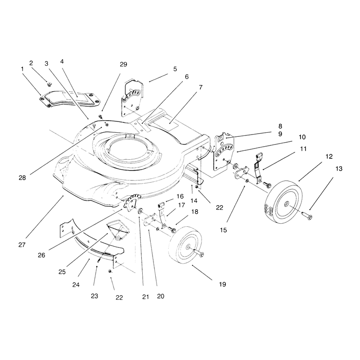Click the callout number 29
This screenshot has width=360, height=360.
123,64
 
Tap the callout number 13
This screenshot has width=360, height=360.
339,169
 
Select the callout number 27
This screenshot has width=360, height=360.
22,245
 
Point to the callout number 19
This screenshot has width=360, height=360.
222,284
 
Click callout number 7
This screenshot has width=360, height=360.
201,87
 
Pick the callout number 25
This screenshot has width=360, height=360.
62,272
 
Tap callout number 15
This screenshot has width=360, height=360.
223,230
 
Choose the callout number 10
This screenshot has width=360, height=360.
302,137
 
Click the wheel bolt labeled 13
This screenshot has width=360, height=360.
306,216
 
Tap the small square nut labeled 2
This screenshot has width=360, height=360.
49,84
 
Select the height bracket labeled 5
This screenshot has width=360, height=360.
132,98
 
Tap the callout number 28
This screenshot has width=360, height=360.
22,178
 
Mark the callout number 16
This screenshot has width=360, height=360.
180,196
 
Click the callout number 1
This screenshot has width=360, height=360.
22,69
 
